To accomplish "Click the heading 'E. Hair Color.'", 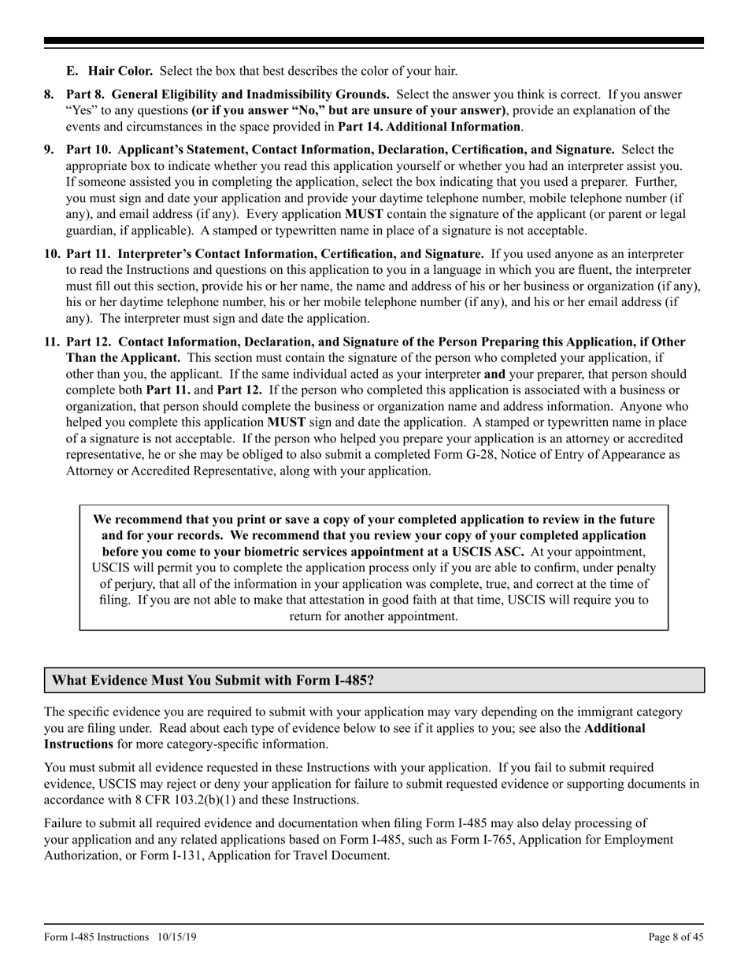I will pos(111,72).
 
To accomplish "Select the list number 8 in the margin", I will pos(49,94).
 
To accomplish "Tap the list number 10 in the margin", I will pos(52,253).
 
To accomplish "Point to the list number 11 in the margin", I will pos(52,342).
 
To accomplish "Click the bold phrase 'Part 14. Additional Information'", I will pos(429,126).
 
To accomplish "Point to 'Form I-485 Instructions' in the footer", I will pos(96,937).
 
